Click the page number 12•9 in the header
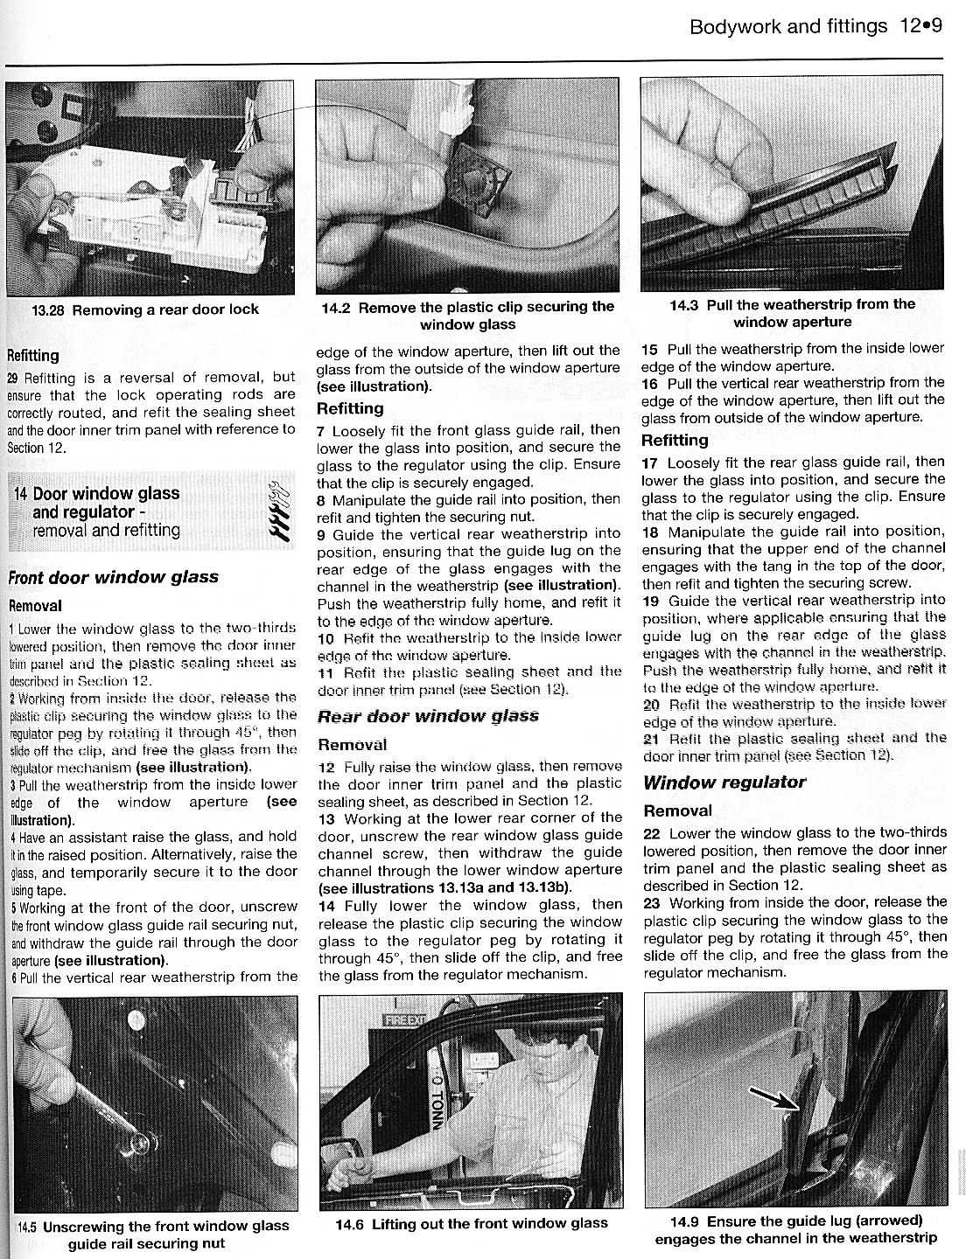click(x=919, y=26)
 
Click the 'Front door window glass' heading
click(x=113, y=577)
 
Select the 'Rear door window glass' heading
click(x=428, y=716)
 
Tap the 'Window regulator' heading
click(x=724, y=782)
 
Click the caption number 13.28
click(x=51, y=309)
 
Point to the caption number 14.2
click(x=337, y=307)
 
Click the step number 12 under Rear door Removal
click(x=326, y=766)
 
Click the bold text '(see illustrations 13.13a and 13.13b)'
click(x=444, y=887)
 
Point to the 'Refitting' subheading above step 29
click(x=33, y=356)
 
